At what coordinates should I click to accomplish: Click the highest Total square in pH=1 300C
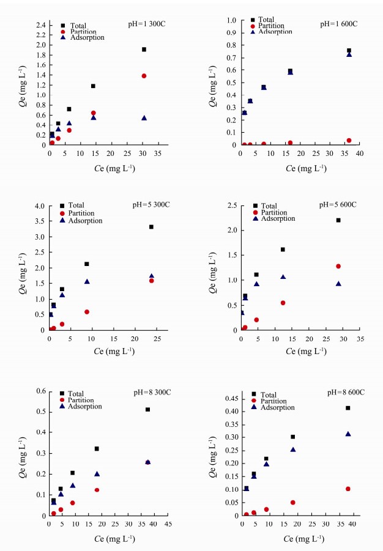pyautogui.click(x=144, y=50)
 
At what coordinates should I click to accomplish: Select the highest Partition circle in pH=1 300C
pyautogui.click(x=144, y=76)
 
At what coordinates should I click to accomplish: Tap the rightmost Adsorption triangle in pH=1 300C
pyautogui.click(x=144, y=118)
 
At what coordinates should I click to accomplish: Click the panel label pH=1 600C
pyautogui.click(x=338, y=24)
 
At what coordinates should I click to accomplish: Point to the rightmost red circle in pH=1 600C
pyautogui.click(x=349, y=140)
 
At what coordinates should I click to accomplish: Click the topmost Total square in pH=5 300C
pyautogui.click(x=151, y=227)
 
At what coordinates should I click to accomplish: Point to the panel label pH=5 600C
pyautogui.click(x=338, y=204)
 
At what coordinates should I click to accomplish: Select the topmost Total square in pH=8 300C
pyautogui.click(x=147, y=409)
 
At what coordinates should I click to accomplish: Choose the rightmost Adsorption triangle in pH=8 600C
pyautogui.click(x=348, y=434)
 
